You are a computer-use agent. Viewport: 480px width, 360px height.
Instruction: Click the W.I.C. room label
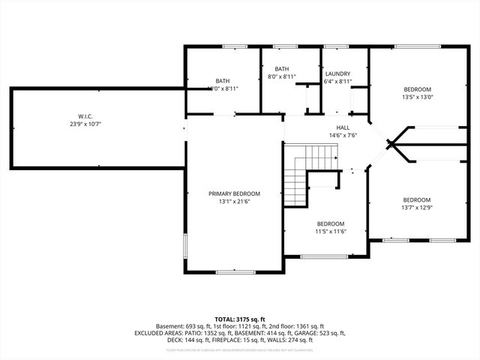click(x=85, y=116)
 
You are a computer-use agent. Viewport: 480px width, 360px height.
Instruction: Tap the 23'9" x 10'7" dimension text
click(x=85, y=124)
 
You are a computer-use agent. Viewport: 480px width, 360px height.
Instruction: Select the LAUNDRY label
click(x=337, y=73)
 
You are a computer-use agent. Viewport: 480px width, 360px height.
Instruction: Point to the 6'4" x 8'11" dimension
click(x=337, y=82)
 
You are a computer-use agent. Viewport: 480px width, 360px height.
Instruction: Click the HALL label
click(x=342, y=127)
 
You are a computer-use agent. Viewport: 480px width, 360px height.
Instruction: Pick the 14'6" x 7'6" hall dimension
click(x=342, y=136)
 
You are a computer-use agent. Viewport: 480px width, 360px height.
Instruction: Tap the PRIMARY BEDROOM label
click(x=234, y=193)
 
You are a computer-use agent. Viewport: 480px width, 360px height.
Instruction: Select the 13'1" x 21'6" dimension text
click(x=234, y=202)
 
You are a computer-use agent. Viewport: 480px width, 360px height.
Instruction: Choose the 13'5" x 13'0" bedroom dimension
click(x=418, y=97)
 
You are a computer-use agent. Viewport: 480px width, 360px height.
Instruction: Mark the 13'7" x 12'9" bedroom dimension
click(x=417, y=208)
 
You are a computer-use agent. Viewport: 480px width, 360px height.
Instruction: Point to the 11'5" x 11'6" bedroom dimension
click(x=330, y=232)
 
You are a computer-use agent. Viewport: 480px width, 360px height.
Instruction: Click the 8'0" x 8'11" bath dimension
click(x=282, y=76)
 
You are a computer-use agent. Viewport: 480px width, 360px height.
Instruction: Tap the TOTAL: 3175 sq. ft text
click(x=239, y=319)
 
